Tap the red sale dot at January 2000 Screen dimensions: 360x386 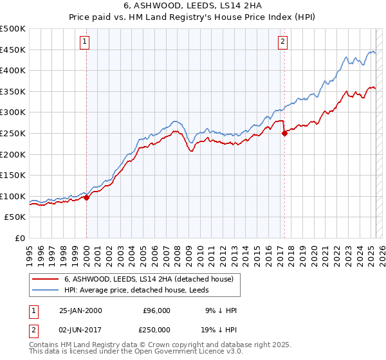(x=86, y=198)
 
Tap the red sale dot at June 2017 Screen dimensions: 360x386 (x=284, y=134)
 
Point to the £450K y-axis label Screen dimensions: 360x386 (x=13, y=50)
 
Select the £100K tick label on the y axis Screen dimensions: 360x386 (x=13, y=196)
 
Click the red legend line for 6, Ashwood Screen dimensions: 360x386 (x=45, y=278)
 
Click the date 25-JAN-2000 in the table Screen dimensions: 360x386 (x=80, y=310)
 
